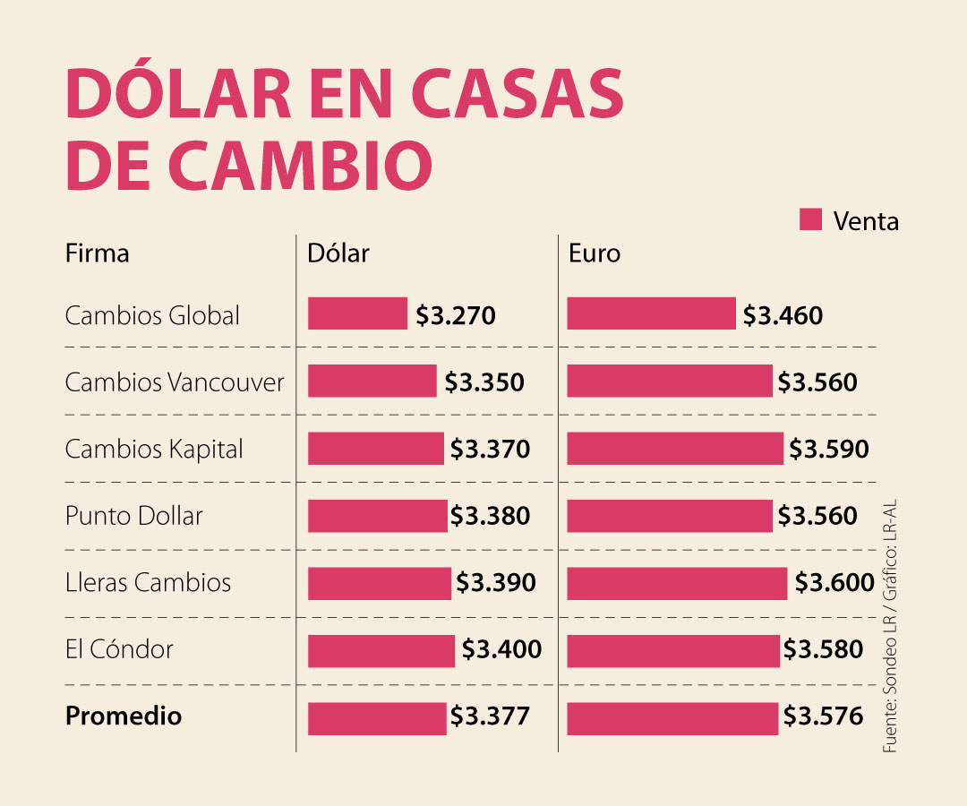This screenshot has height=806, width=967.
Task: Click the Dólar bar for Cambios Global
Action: click(x=357, y=314)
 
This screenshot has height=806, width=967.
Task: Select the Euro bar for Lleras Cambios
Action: click(x=677, y=583)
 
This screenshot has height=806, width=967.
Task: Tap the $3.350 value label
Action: click(x=484, y=382)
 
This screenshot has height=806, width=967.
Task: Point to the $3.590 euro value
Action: click(x=828, y=449)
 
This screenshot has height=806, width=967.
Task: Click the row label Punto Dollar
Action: click(x=134, y=516)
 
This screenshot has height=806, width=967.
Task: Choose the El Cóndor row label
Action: click(x=119, y=649)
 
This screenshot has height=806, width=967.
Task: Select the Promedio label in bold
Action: click(x=124, y=716)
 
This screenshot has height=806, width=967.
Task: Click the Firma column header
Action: click(x=97, y=253)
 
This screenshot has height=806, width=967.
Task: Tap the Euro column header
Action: click(x=595, y=253)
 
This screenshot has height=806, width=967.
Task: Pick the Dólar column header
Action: click(x=338, y=253)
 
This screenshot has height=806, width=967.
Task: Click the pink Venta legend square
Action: click(x=810, y=219)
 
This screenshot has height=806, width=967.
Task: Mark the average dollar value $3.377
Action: click(x=490, y=716)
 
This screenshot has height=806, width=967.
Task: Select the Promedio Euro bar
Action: click(x=672, y=717)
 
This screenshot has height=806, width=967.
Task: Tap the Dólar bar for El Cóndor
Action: click(x=381, y=650)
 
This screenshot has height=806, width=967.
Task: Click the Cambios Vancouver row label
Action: click(x=175, y=382)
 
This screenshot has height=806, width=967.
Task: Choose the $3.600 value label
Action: click(x=834, y=583)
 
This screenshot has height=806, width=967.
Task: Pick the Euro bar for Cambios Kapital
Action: click(x=675, y=449)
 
